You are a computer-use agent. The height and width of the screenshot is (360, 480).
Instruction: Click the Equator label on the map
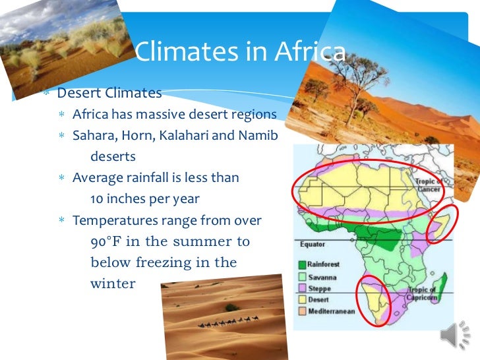tap(313, 245)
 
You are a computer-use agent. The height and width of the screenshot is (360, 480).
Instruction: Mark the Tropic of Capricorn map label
tap(422, 294)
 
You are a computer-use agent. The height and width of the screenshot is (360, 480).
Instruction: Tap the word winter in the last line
tap(112, 284)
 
